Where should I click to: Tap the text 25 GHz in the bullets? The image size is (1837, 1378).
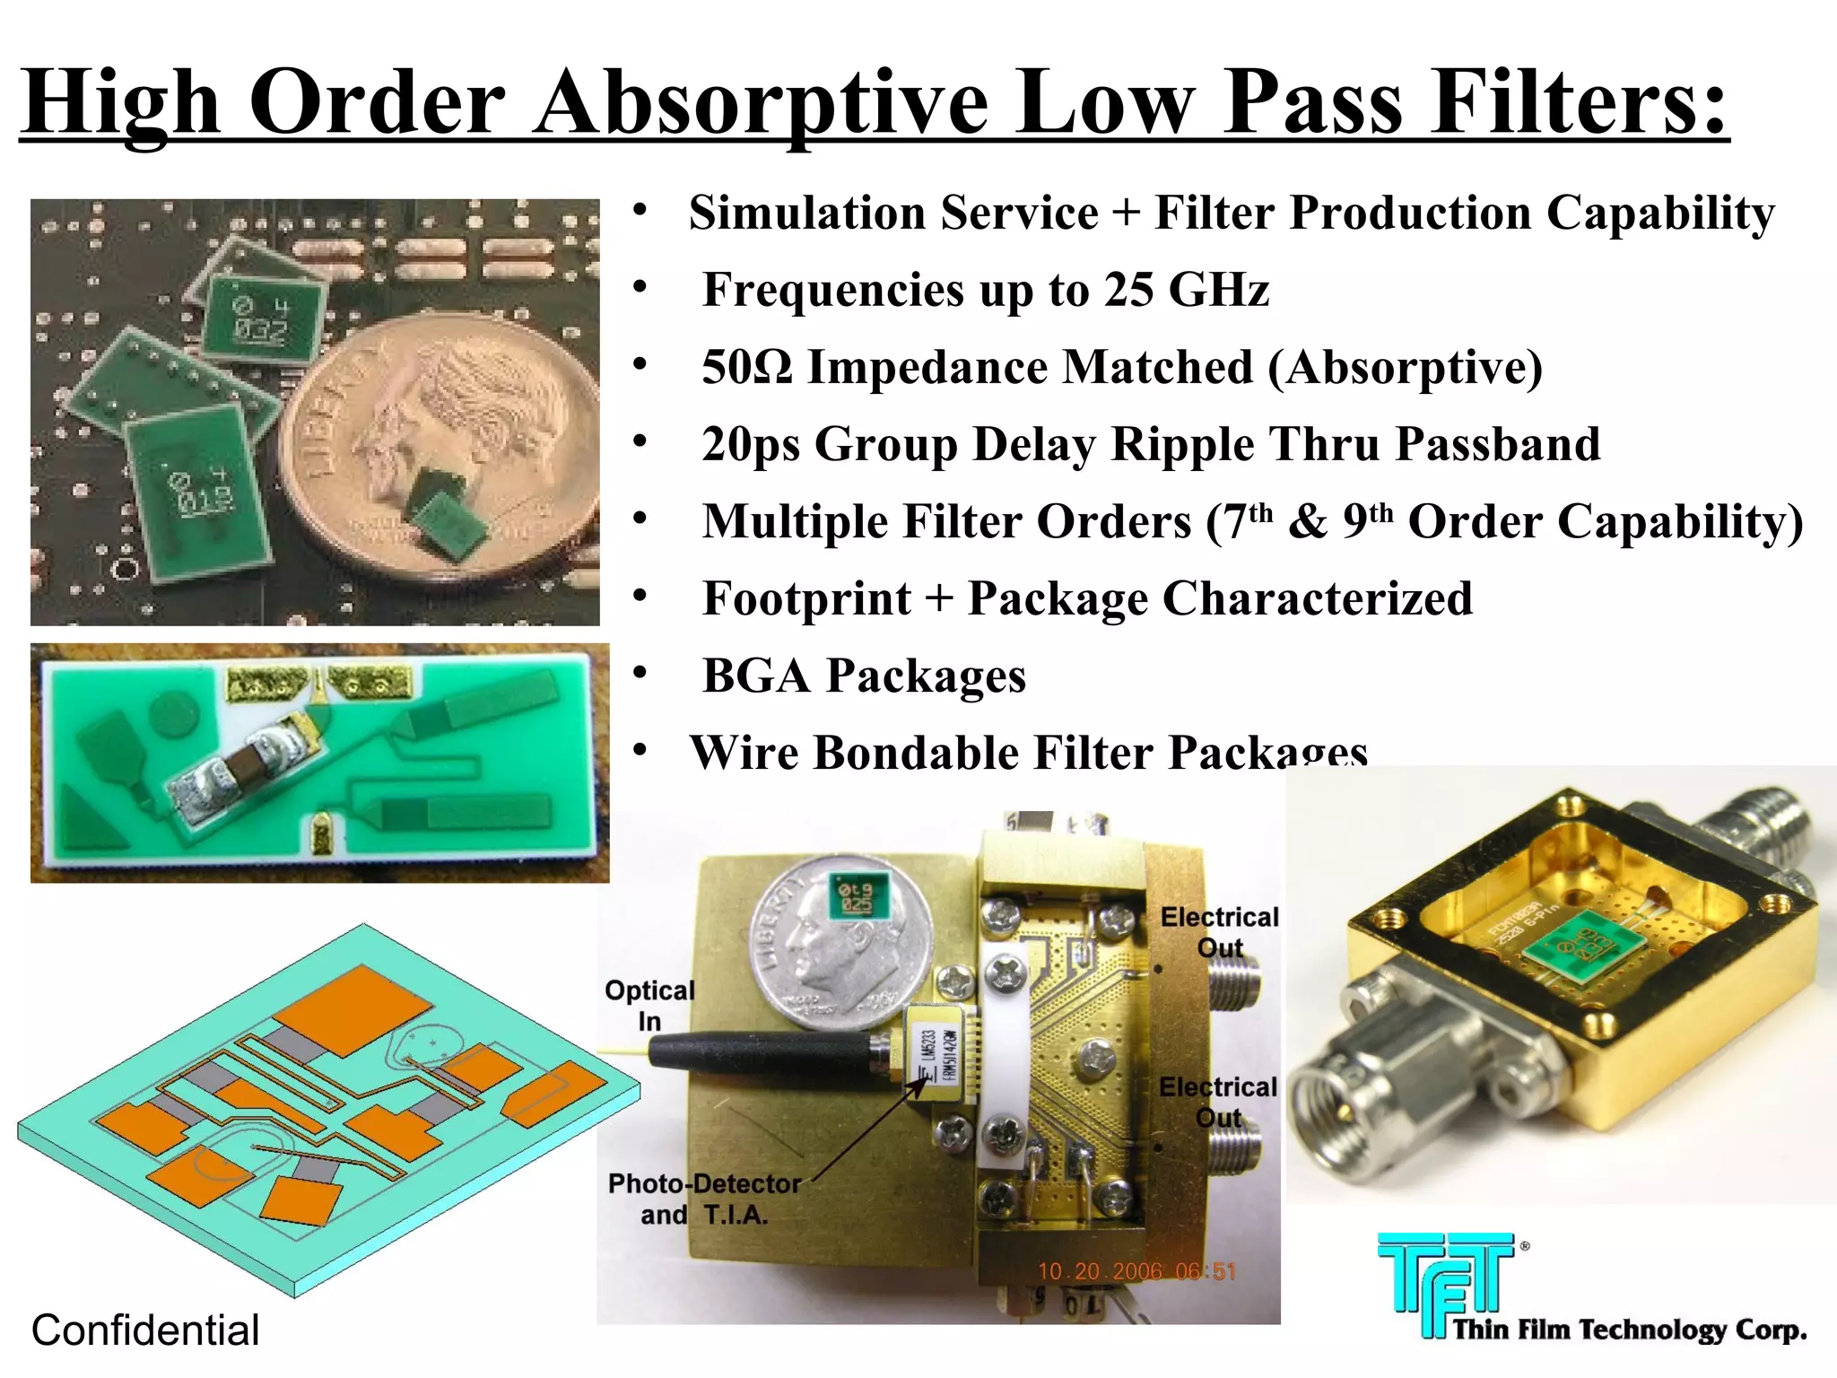pyautogui.click(x=1186, y=290)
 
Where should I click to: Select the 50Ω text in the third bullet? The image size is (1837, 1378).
pyautogui.click(x=746, y=367)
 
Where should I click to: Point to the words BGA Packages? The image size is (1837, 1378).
pyautogui.click(x=864, y=676)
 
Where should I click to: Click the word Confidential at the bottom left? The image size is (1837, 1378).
pyautogui.click(x=145, y=1330)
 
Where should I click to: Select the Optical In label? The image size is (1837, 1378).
pyautogui.click(x=649, y=1005)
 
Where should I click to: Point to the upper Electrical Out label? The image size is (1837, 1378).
pyautogui.click(x=1219, y=932)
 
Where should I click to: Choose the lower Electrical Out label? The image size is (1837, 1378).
pyautogui.click(x=1217, y=1102)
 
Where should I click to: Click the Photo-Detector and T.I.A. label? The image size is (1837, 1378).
pyautogui.click(x=704, y=1199)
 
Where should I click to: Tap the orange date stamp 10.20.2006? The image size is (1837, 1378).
pyautogui.click(x=1136, y=1271)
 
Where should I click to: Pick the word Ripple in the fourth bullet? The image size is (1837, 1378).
pyautogui.click(x=1246, y=444)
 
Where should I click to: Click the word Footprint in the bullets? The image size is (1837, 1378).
pyautogui.click(x=806, y=598)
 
